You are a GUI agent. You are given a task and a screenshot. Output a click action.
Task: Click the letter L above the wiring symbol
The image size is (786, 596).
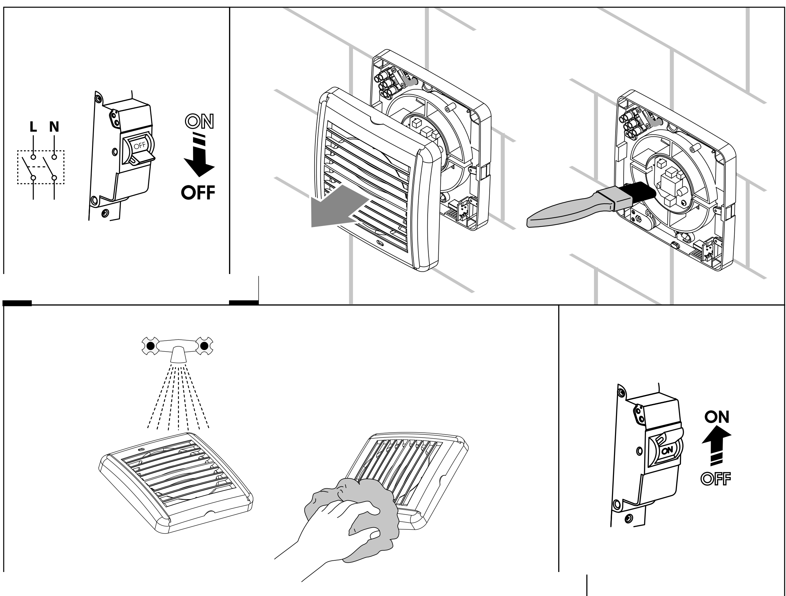[33, 127]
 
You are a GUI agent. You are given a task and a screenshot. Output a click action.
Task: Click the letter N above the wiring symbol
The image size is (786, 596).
[54, 127]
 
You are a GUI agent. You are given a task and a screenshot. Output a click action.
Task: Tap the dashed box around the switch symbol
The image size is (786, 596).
[41, 151]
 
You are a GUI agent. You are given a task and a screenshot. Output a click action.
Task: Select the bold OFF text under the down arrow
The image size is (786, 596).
[198, 193]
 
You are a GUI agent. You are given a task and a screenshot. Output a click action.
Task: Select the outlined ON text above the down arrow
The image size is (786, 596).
[200, 121]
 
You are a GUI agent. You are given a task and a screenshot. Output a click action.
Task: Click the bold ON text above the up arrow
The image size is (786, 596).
[717, 417]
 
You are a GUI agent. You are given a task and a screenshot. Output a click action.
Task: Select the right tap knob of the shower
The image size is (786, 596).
[204, 346]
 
